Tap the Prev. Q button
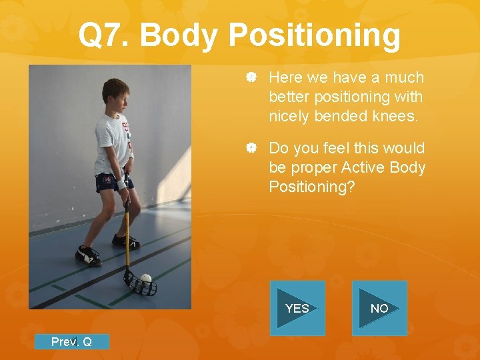pos(71,342)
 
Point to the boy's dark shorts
pos(111,181)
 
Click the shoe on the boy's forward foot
pos(88,255)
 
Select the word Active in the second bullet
pos(352,167)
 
